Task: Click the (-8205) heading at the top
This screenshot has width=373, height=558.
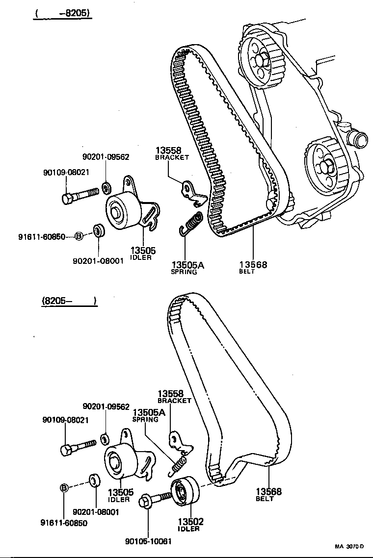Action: (62, 13)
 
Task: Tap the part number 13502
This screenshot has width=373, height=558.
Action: (190, 522)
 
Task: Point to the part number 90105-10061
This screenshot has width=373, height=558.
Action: (148, 541)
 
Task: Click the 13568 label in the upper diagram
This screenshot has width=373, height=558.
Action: (253, 265)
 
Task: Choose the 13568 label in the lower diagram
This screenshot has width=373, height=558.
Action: (268, 491)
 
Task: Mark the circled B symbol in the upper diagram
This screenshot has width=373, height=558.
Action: (79, 236)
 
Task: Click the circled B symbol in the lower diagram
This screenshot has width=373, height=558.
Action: (64, 487)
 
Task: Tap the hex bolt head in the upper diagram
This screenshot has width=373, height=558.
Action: (68, 199)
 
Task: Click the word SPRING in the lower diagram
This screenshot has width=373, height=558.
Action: (145, 420)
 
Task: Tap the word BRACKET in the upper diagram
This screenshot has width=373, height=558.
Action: (172, 157)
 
